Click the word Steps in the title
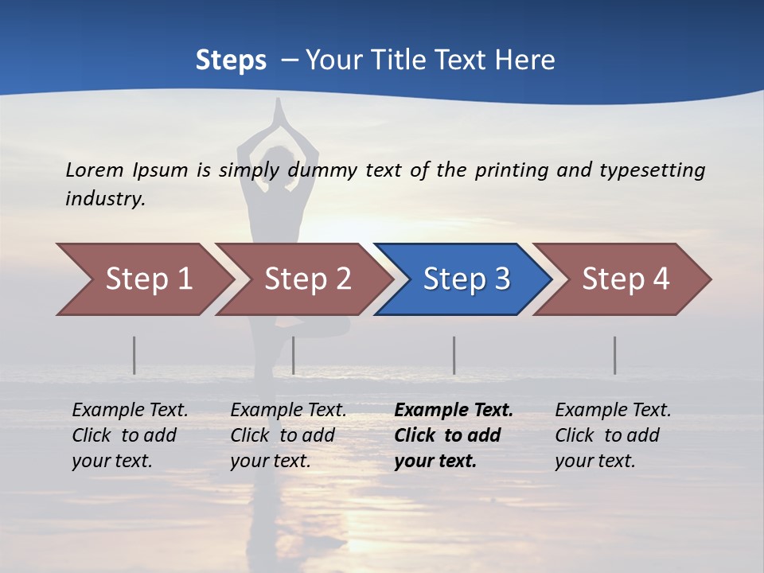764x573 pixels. [x=231, y=60]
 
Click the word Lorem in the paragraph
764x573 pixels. [x=95, y=170]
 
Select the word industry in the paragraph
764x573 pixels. [x=105, y=199]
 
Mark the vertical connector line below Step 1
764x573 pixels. [x=134, y=355]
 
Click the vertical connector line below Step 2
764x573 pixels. [x=294, y=355]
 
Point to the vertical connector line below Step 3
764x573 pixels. [x=454, y=355]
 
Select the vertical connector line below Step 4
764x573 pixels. [x=615, y=355]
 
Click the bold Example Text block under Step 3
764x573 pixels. [x=454, y=435]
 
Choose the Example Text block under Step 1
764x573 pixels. [x=130, y=435]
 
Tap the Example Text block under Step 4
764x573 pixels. [x=613, y=435]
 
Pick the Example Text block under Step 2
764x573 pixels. [x=288, y=435]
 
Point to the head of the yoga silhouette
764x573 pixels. [x=278, y=159]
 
